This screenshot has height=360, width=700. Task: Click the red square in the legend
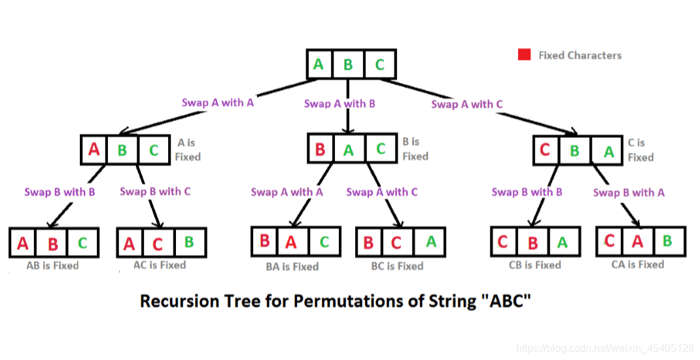click(x=524, y=55)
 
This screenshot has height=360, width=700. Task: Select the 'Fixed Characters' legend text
click(x=580, y=56)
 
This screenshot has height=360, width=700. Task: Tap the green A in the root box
click(x=319, y=64)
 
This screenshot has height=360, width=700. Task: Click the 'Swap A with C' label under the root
click(x=467, y=104)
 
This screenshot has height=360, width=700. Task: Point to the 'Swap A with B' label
click(x=340, y=103)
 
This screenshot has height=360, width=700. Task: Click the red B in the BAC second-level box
click(x=320, y=149)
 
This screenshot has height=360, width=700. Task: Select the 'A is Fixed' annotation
click(x=188, y=149)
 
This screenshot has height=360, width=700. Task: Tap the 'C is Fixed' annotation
click(x=640, y=150)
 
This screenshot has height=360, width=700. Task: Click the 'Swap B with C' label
click(x=155, y=191)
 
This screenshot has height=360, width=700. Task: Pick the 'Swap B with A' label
click(x=629, y=192)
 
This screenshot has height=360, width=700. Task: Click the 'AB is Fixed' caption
click(x=52, y=266)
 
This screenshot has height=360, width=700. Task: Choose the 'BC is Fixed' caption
click(x=397, y=266)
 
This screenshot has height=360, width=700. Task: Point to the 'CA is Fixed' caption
click(x=638, y=264)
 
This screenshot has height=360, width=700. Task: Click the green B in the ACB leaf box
click(x=189, y=242)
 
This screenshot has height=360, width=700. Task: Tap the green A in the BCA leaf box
click(x=430, y=242)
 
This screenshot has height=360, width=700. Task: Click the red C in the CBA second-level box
click(x=545, y=150)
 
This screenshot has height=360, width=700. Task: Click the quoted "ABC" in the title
click(x=512, y=302)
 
